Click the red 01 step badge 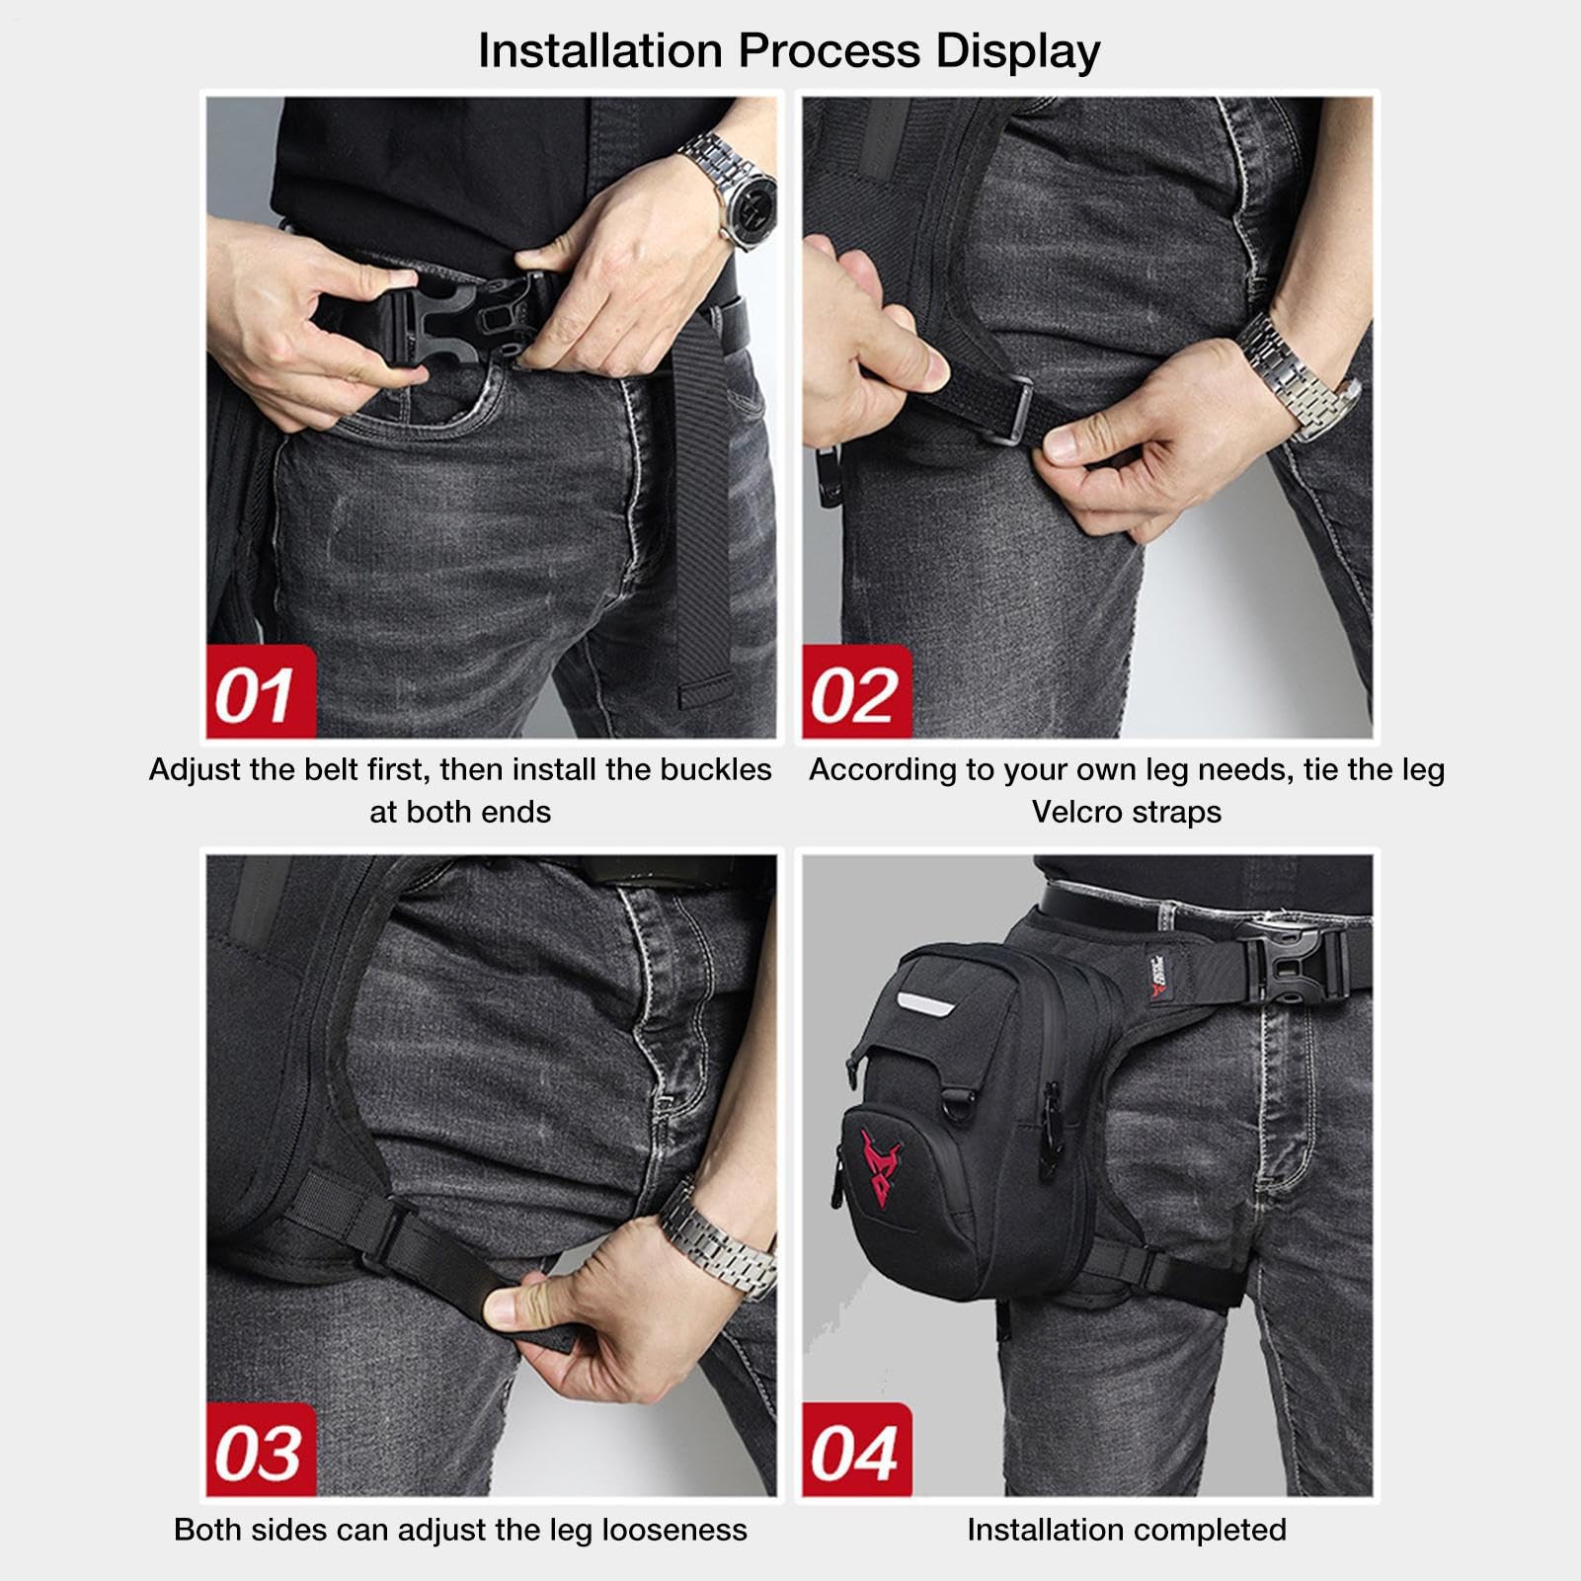(261, 692)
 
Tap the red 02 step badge (856, 692)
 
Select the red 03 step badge (261, 1451)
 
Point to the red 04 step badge (856, 1451)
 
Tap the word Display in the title (1018, 52)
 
